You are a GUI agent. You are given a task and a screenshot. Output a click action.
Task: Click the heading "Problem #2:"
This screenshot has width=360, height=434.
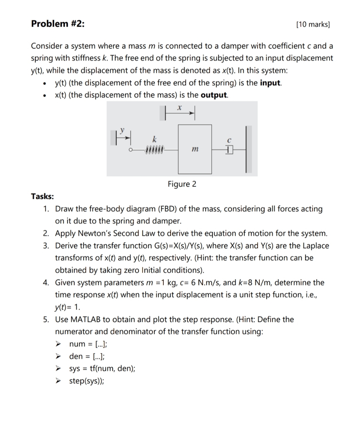click(x=58, y=24)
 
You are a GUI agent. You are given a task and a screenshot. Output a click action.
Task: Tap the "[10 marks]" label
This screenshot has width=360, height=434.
click(x=313, y=24)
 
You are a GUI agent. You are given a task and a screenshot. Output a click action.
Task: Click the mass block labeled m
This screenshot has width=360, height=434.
click(x=195, y=149)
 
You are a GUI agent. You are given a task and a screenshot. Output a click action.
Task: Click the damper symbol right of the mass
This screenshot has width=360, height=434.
click(x=229, y=150)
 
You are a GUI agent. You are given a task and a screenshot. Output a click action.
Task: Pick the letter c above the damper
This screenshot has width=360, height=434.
click(x=229, y=140)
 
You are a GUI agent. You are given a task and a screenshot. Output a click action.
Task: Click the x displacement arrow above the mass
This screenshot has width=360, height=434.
click(x=180, y=114)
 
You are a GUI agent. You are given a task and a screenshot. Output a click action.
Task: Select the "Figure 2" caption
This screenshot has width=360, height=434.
click(x=182, y=184)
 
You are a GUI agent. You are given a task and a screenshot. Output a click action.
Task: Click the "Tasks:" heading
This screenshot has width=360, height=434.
click(x=42, y=196)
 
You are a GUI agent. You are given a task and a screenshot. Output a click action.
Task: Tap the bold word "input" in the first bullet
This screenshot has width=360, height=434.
click(x=270, y=83)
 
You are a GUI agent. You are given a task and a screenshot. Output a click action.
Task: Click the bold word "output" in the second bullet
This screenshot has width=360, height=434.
click(x=214, y=95)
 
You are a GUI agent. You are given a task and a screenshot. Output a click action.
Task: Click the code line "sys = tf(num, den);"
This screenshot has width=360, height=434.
click(x=102, y=369)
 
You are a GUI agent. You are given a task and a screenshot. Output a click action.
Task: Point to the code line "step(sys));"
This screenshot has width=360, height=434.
click(x=86, y=381)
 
